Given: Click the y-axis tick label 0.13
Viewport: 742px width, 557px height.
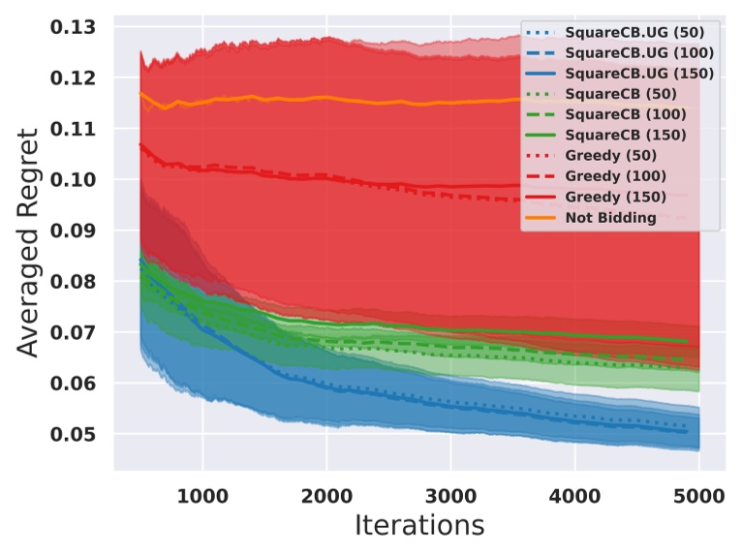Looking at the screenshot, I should [78, 27].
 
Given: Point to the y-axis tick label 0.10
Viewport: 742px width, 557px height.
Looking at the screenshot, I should [78, 180].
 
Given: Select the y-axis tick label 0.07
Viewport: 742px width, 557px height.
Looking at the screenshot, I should [78, 333].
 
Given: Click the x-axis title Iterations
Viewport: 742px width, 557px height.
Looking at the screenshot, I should [418, 526].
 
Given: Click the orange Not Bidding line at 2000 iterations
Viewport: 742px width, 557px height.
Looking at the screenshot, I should [326, 97].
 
